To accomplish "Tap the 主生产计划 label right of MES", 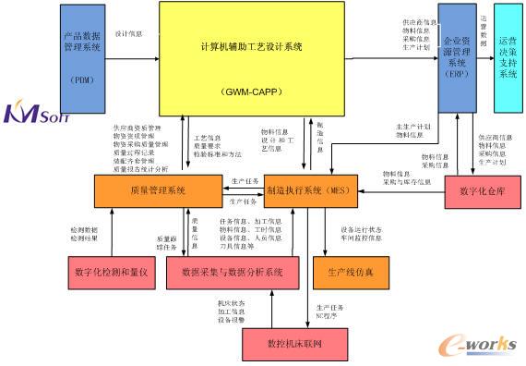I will pyautogui.click(x=412, y=126).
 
